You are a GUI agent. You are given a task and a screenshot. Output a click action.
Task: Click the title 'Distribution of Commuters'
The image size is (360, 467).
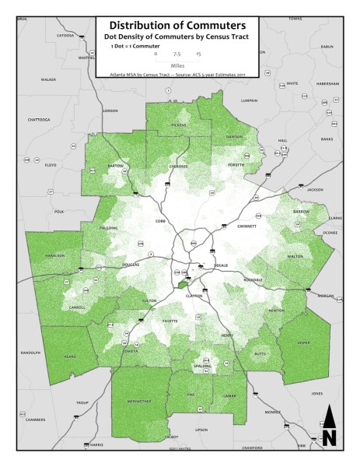click(179, 26)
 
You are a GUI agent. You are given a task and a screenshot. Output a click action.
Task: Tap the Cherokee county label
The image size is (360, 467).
click(179, 167)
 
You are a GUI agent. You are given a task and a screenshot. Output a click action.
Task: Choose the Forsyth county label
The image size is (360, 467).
click(236, 165)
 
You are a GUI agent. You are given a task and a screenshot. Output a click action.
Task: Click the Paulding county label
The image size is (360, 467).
click(109, 228)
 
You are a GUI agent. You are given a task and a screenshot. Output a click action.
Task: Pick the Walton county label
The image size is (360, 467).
click(295, 255)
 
